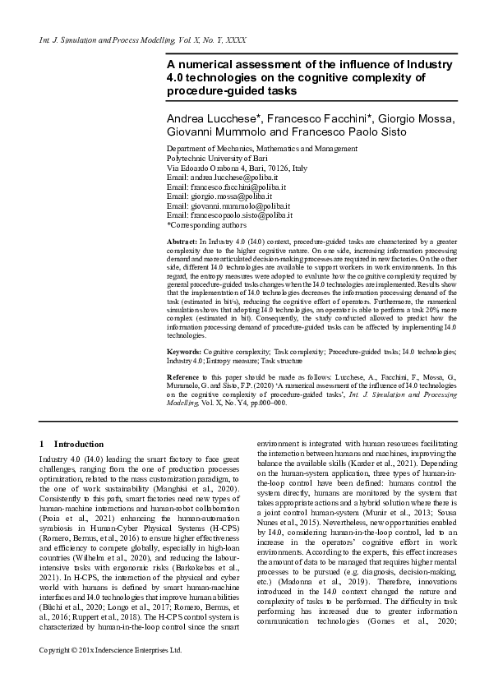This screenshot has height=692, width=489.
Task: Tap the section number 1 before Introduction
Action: (x=42, y=443)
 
